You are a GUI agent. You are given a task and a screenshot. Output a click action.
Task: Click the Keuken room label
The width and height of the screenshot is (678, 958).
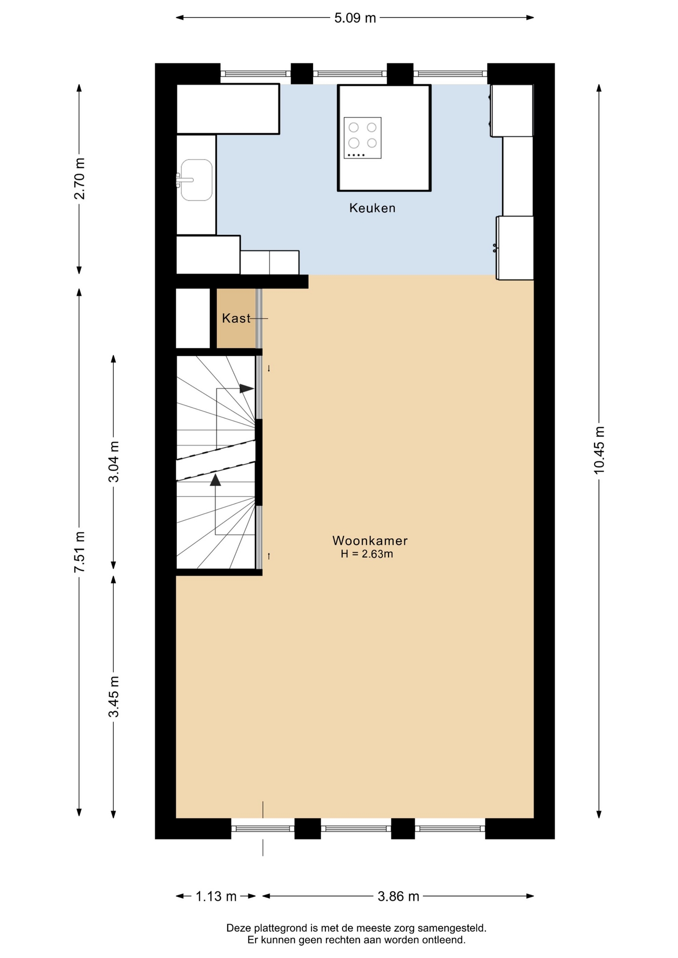[x=372, y=208]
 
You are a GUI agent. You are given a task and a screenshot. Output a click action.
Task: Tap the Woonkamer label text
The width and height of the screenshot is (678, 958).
[x=370, y=540]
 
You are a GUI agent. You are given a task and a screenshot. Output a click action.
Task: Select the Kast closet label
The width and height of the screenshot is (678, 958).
[x=236, y=318]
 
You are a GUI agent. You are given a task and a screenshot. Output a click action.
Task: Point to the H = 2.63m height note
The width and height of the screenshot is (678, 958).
[x=367, y=554]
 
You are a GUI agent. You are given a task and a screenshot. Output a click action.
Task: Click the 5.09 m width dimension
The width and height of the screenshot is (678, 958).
[x=355, y=18]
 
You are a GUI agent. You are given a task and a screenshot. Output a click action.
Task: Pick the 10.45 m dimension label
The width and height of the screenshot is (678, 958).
[x=599, y=450]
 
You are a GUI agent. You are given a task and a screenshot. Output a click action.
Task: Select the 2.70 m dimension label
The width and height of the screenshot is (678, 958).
[x=79, y=179]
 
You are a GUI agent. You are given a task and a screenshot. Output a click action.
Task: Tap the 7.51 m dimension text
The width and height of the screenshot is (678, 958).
[x=79, y=552]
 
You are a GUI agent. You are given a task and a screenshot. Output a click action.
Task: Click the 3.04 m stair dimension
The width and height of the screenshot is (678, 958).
[x=114, y=462]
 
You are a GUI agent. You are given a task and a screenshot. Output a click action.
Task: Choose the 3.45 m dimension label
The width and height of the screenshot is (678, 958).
[x=114, y=697]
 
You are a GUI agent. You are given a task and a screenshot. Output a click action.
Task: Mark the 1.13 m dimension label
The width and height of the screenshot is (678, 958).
[x=216, y=897]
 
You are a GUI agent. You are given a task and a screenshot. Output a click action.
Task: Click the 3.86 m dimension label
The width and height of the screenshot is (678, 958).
[x=398, y=897]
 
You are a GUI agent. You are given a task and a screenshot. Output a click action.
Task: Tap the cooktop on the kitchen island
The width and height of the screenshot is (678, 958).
[x=362, y=138]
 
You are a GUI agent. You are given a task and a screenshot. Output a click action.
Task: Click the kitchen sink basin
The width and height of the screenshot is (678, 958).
[x=197, y=180]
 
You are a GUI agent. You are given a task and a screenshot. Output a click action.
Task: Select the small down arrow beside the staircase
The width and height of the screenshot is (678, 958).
[x=269, y=369]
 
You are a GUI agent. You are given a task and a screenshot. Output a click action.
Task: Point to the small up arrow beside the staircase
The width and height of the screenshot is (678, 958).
[x=269, y=556]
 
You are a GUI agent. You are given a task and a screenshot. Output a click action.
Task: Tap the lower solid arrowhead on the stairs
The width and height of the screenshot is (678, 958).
[x=215, y=480]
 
